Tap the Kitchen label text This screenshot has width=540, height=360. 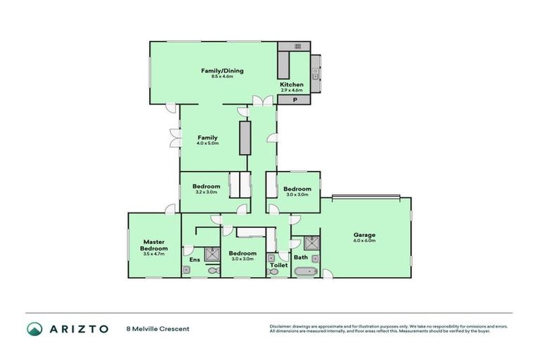291,84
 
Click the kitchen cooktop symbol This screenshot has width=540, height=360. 297,46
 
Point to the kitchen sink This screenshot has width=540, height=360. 316,72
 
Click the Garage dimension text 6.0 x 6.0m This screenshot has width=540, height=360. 364,240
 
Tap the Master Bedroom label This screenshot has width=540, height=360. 153,245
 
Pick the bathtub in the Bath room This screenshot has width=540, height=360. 307,271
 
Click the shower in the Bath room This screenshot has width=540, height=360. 312,243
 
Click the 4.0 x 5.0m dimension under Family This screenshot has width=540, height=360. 207,143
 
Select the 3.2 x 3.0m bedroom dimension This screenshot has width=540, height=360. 205,192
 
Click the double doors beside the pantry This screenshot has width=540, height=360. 264,102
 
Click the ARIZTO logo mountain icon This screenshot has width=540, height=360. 34,328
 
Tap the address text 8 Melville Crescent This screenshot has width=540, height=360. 157,328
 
